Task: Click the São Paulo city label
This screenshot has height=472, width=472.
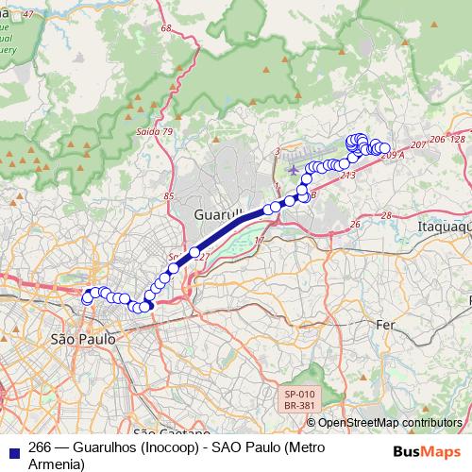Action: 82,337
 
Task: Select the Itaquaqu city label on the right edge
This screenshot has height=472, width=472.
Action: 444,228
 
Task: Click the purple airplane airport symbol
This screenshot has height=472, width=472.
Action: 292,170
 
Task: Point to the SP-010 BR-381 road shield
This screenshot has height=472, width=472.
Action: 300,399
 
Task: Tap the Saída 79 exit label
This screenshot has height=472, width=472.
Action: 155,131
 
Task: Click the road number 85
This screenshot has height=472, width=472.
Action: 169,196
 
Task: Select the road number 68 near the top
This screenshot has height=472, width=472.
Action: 166,29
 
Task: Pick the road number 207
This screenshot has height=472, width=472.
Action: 419,145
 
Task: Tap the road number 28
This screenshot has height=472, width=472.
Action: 385,216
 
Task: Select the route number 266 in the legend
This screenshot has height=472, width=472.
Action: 41,447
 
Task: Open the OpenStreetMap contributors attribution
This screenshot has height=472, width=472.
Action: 389,423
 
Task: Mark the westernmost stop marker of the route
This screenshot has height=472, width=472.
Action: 87,298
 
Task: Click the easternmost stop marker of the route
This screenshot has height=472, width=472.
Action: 385,149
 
